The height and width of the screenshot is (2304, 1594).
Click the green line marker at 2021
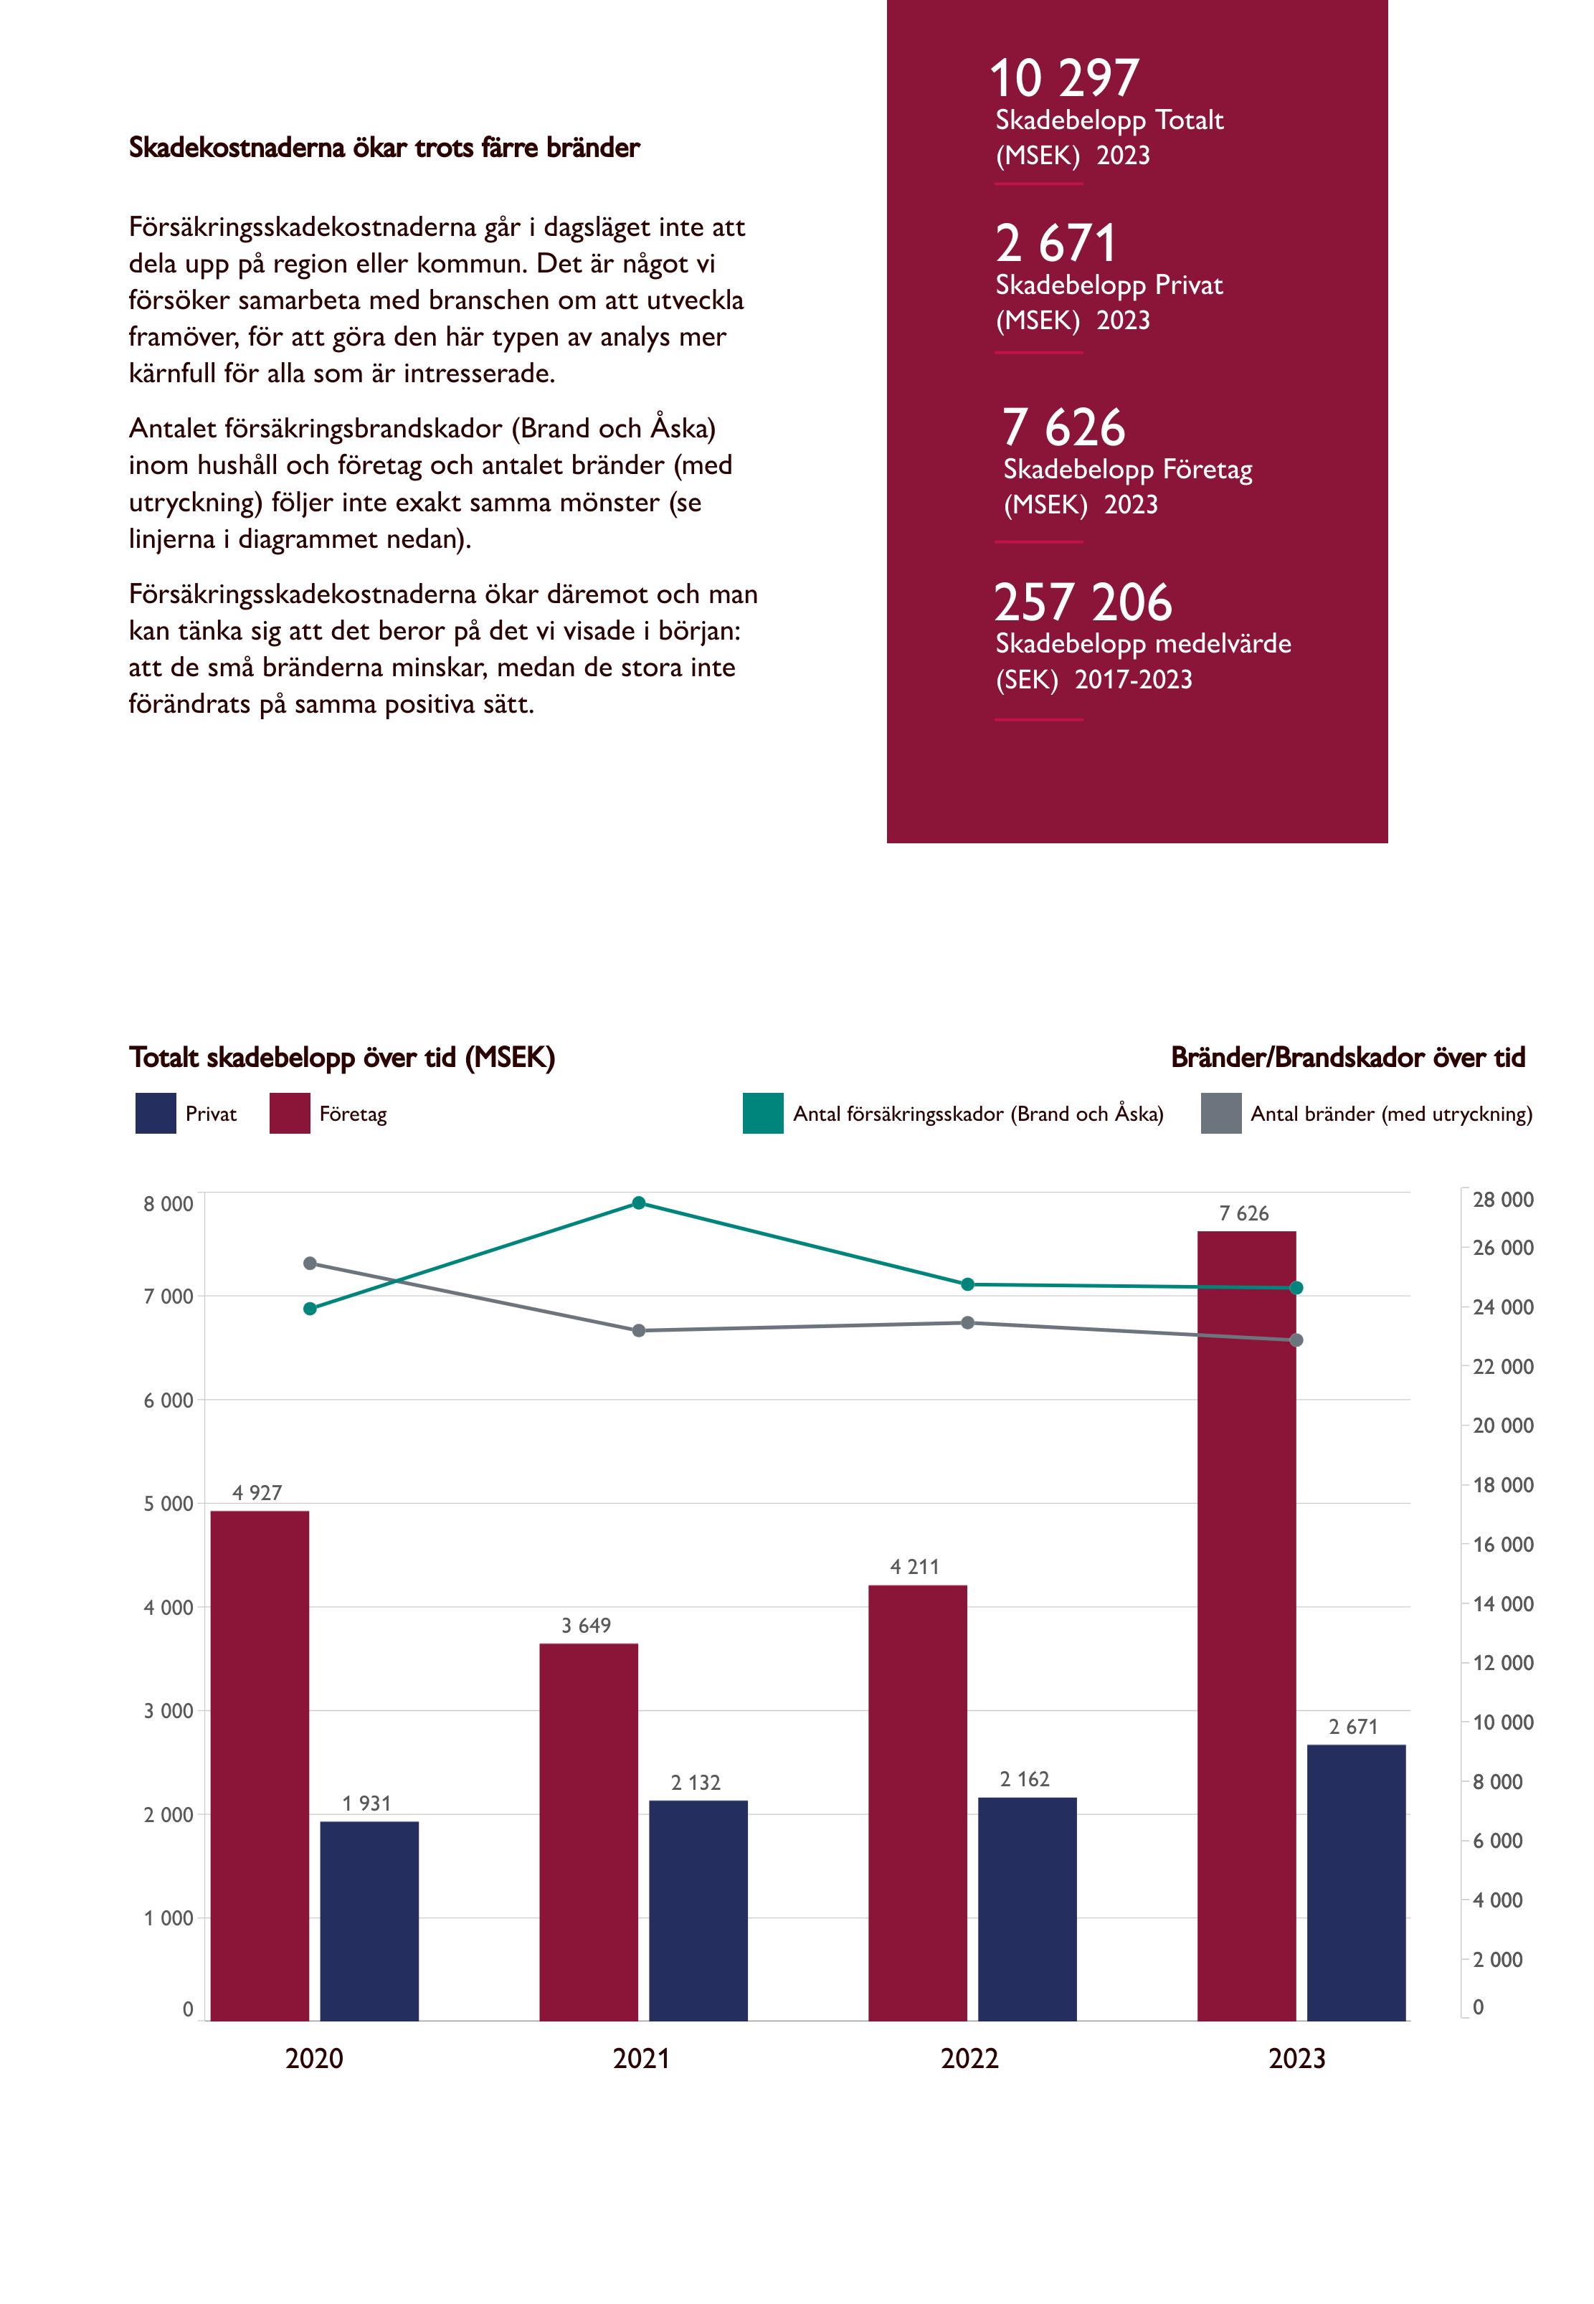coord(639,1203)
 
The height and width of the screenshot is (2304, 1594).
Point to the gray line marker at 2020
coord(310,1264)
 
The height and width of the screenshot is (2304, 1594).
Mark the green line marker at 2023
coord(1296,1289)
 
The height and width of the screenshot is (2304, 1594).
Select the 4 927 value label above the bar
coord(257,1493)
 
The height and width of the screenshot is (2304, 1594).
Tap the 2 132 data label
coord(696,1783)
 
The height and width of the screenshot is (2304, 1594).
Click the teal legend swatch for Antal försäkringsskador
coord(763,1114)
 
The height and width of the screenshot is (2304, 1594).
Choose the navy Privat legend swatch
coord(156,1114)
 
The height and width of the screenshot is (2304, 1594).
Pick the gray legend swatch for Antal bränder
coord(1220,1114)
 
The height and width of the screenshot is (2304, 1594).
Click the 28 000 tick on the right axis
coord(1502,1200)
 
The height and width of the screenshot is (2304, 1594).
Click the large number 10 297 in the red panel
coord(1065,78)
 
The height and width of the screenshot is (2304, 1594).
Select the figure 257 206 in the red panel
coord(1083,602)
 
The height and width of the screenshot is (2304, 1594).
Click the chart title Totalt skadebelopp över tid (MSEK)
coord(341,1058)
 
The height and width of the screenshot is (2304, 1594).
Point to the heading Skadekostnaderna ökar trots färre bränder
coord(384,148)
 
